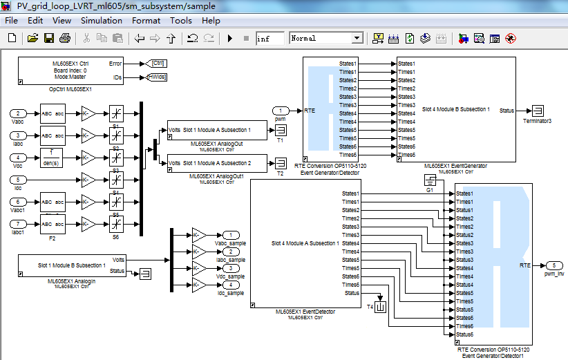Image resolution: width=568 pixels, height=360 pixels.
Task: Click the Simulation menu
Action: coord(101,21)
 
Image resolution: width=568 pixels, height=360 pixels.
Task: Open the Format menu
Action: coord(146,21)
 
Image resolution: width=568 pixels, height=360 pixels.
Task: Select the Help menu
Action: coord(211,21)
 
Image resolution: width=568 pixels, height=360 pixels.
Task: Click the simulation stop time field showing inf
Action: coord(269,39)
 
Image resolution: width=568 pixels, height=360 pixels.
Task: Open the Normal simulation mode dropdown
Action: coord(327,39)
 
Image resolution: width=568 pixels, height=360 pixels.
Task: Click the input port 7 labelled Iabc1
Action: coord(20,224)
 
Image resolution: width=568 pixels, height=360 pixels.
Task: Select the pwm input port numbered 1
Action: coord(281,111)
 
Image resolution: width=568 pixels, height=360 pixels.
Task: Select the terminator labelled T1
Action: coord(280,130)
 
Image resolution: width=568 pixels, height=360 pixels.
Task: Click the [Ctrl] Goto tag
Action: coord(158,64)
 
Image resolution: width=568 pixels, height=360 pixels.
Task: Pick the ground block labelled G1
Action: coord(429,181)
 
